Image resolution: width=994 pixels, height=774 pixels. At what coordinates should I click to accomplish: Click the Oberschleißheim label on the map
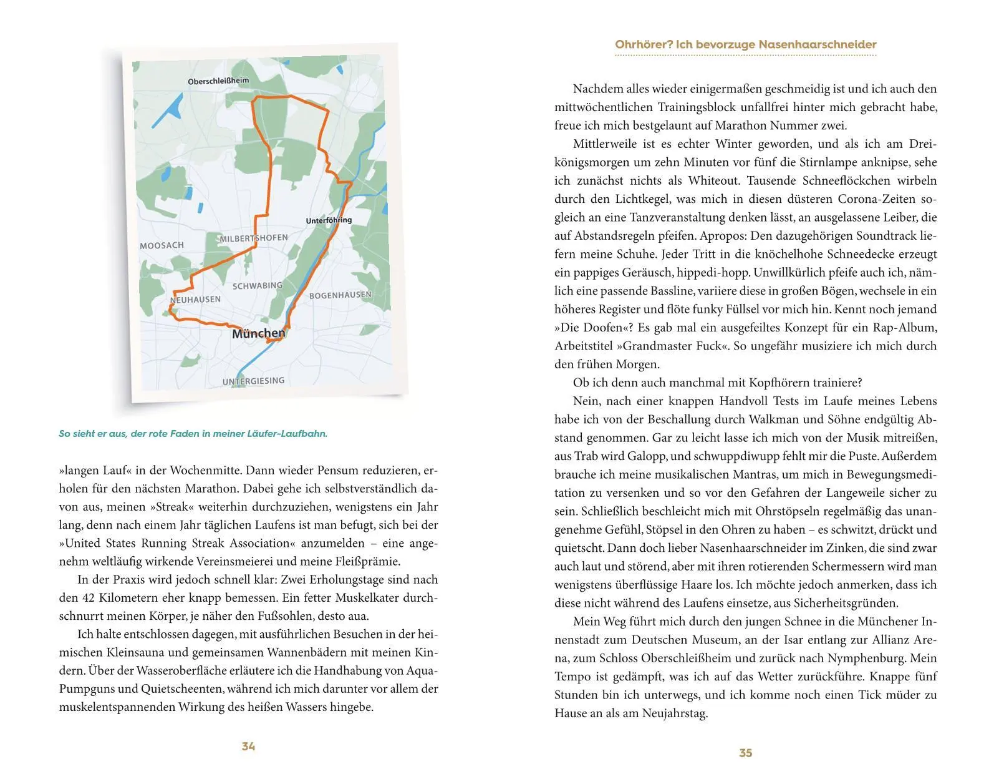pyautogui.click(x=218, y=81)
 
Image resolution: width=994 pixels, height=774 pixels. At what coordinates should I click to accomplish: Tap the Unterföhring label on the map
pyautogui.click(x=329, y=220)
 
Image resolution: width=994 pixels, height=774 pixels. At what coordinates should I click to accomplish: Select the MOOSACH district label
pyautogui.click(x=162, y=245)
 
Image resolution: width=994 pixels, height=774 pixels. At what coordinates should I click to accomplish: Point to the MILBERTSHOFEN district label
pyautogui.click(x=254, y=238)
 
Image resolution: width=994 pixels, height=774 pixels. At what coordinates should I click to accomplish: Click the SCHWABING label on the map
pyautogui.click(x=257, y=286)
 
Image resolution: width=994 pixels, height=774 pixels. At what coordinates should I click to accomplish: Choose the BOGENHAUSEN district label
pyautogui.click(x=340, y=295)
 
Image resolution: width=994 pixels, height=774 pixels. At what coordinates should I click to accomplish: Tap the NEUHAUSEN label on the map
pyautogui.click(x=195, y=300)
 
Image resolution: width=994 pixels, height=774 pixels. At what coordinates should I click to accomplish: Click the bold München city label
pyautogui.click(x=258, y=334)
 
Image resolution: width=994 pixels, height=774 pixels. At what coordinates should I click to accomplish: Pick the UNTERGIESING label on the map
pyautogui.click(x=253, y=381)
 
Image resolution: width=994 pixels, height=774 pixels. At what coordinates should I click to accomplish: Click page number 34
pyautogui.click(x=248, y=747)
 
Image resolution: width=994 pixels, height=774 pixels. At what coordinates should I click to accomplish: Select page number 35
pyautogui.click(x=746, y=753)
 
